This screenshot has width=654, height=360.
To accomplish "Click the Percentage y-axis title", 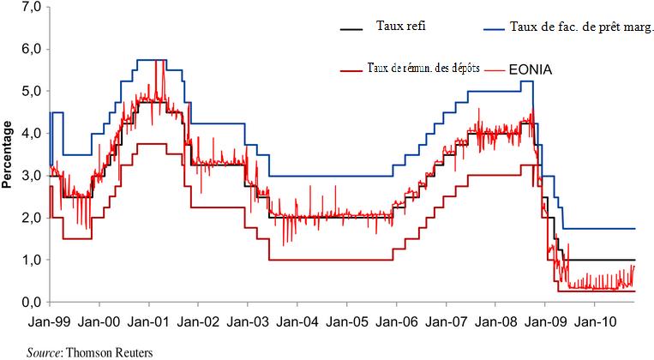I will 8,154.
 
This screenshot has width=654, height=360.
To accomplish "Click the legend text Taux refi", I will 401,27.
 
